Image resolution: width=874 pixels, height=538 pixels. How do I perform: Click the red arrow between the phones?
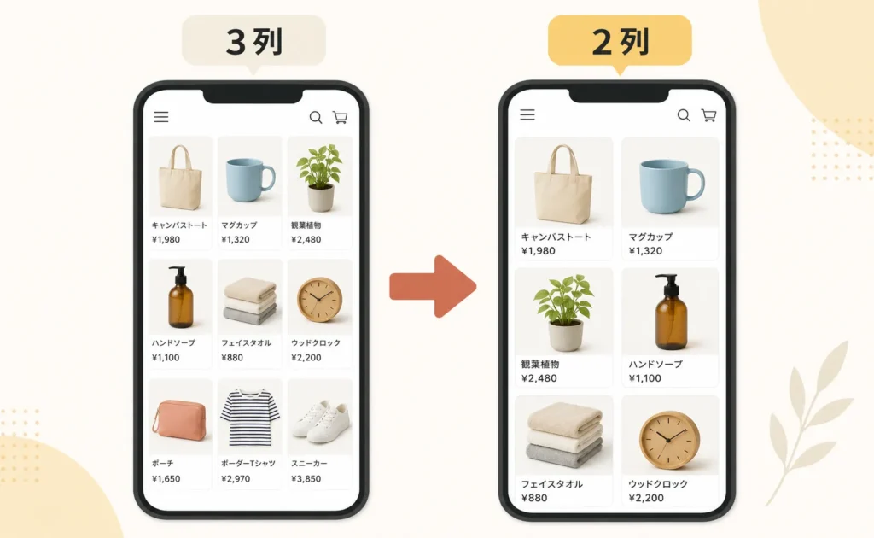coord(433,287)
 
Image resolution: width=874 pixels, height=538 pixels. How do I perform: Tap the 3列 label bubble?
coord(253,41)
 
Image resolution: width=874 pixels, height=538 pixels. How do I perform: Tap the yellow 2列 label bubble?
coord(620,41)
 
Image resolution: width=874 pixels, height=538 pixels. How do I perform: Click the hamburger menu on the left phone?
coord(161,116)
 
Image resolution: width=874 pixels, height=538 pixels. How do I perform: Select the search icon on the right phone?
coord(684,115)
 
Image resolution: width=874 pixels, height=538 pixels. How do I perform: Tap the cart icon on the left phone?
coord(340,117)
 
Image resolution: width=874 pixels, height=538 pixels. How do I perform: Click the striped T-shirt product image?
coord(250,418)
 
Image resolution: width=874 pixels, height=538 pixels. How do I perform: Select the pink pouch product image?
coord(179,420)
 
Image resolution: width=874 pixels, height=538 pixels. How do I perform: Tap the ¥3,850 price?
coord(306,478)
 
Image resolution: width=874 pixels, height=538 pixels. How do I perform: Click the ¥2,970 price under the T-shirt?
coord(236,478)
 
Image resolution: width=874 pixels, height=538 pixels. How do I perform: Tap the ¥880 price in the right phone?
coord(534,498)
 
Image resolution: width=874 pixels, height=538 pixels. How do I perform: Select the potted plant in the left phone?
coord(320,178)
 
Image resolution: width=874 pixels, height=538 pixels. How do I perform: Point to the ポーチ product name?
coord(163,464)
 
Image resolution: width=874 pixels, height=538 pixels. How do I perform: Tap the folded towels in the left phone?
coord(250,301)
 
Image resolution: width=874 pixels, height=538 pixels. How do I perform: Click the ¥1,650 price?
coord(166,478)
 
